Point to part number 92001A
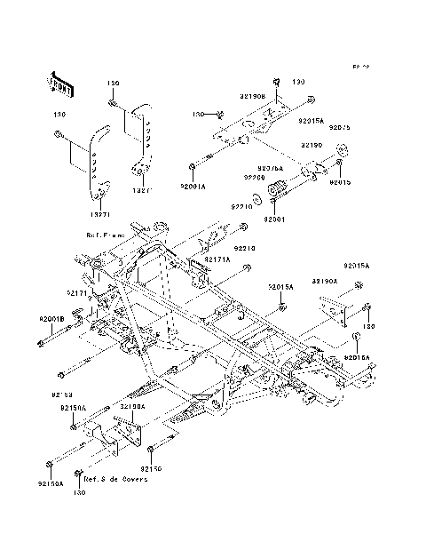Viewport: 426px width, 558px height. pyautogui.click(x=193, y=187)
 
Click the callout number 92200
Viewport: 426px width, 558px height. pyautogui.click(x=255, y=178)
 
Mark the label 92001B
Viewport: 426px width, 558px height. pyautogui.click(x=51, y=318)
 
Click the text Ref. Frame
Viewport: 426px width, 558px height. pyautogui.click(x=106, y=235)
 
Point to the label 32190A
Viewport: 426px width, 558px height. pyautogui.click(x=133, y=405)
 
